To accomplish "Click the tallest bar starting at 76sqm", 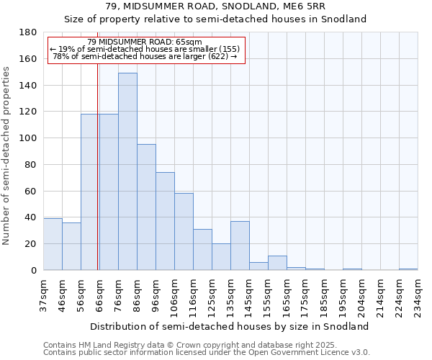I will [x=127, y=171].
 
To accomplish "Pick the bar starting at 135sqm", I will [x=240, y=246].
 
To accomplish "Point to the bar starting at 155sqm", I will [x=277, y=263].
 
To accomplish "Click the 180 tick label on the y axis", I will [x=28, y=32].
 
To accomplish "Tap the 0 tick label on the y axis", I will [x=33, y=271].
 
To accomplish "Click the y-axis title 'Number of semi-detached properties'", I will [x=6, y=156].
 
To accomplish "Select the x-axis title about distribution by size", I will [x=230, y=326].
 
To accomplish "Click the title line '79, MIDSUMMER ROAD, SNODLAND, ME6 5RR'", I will [x=215, y=7].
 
